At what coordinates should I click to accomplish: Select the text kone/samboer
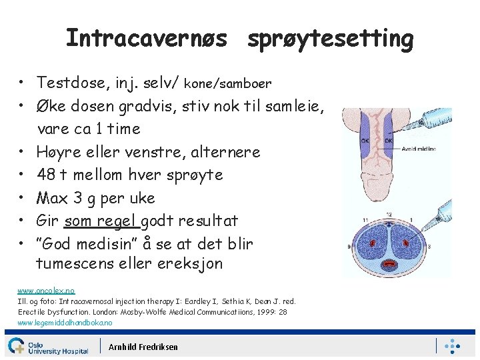(227, 84)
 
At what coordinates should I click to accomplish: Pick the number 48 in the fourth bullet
(46, 175)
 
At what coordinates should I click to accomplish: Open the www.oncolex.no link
(46, 291)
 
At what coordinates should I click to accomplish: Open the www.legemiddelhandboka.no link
(65, 323)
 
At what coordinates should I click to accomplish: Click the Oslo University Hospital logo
(47, 346)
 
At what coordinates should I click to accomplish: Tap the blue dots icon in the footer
(453, 346)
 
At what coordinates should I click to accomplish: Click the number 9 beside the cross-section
(349, 246)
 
